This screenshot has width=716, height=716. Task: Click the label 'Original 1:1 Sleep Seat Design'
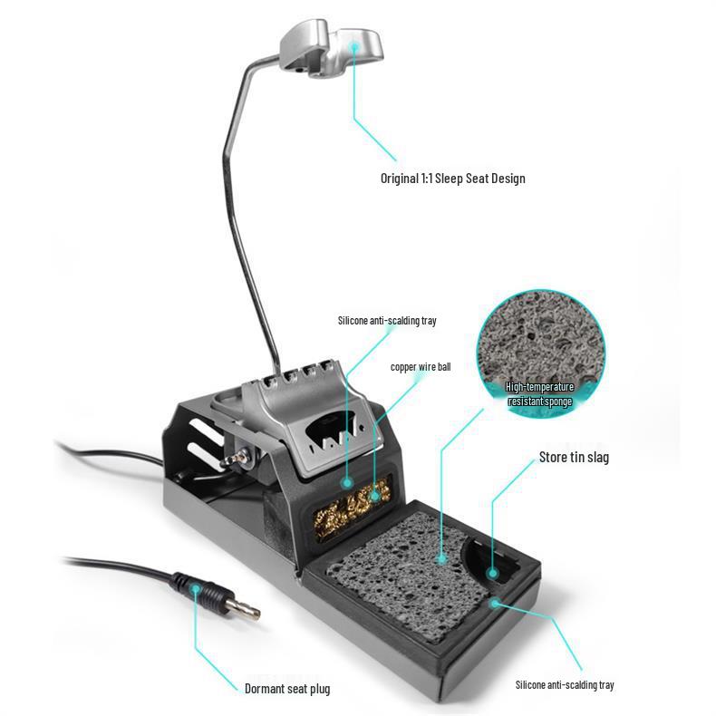[452, 178]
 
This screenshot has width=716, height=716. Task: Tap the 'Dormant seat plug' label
[287, 688]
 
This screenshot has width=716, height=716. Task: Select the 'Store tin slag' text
[574, 457]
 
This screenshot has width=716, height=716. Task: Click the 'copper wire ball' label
[421, 367]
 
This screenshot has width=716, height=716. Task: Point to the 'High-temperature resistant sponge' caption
[540, 394]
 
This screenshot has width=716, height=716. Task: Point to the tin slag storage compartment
[492, 560]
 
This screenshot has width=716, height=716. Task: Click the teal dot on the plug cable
[195, 588]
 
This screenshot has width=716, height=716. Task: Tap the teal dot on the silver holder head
[353, 46]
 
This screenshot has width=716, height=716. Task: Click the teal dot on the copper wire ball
[375, 495]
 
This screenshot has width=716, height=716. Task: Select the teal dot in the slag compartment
[492, 573]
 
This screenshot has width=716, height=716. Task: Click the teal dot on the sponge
[441, 557]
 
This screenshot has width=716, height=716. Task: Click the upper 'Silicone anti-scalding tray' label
[387, 321]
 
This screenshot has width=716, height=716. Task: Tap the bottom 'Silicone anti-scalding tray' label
[565, 684]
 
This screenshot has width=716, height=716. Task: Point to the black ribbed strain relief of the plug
[197, 589]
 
